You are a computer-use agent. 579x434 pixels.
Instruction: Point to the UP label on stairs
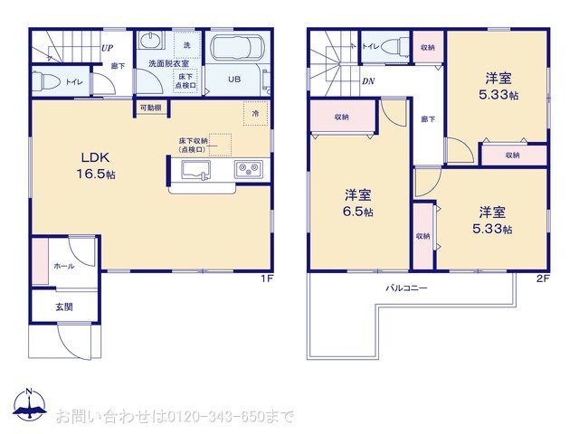107,48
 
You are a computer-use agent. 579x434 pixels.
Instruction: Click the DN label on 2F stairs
368,81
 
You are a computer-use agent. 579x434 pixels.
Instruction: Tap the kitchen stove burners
248,169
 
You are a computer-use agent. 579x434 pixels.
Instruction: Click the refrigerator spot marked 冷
255,114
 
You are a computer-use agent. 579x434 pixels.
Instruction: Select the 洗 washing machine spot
186,45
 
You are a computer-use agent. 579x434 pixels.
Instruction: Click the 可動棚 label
150,108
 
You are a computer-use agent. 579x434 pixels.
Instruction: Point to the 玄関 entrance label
63,307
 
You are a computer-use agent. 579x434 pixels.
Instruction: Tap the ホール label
64,267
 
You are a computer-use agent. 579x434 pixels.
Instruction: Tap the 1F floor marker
267,278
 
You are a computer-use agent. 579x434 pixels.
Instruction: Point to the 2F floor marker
542,278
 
